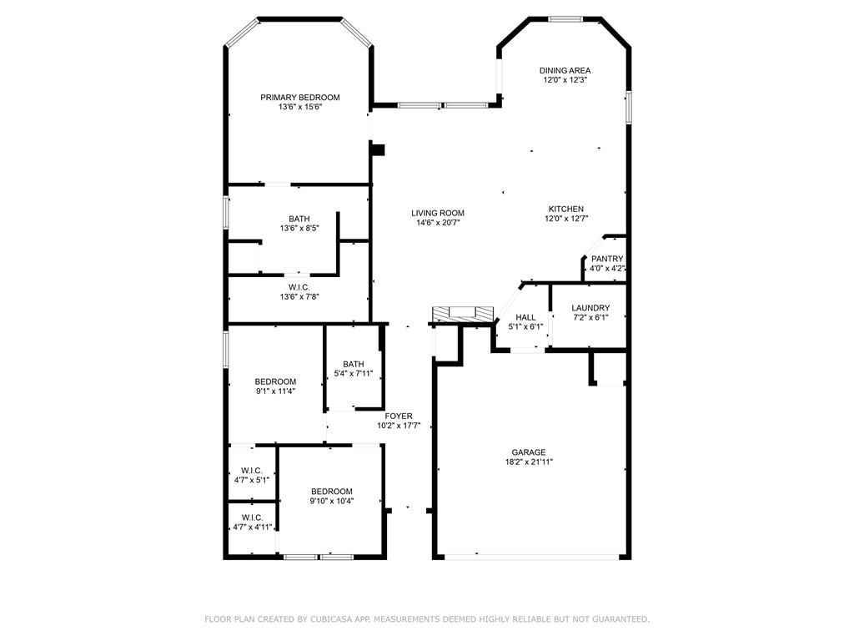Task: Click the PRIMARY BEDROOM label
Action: pos(299,98)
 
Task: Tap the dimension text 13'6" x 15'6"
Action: pos(299,108)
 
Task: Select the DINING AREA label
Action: pos(565,71)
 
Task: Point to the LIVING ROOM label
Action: pos(439,213)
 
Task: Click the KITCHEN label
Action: pos(565,209)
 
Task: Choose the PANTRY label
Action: pos(606,259)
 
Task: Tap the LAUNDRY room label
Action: pos(590,308)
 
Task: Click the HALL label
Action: pos(525,317)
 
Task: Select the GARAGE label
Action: pos(529,452)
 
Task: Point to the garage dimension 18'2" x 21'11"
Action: pos(529,462)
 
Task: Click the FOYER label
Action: pos(398,416)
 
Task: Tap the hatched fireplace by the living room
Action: pos(462,314)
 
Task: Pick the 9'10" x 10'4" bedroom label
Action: pos(332,492)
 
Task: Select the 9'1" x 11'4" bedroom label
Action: pos(275,381)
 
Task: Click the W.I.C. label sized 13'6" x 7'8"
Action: pos(299,287)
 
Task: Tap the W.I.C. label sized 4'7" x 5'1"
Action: pos(252,471)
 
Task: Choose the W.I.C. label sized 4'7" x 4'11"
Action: pos(252,517)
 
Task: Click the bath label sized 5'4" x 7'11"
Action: pos(354,364)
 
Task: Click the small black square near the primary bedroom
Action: pos(379,150)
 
